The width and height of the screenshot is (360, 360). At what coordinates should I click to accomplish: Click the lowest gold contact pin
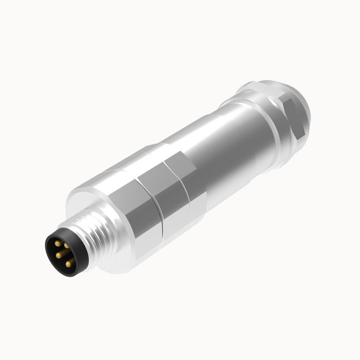coord(68,264)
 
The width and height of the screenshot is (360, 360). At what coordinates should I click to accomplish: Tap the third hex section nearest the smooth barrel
coord(183,177)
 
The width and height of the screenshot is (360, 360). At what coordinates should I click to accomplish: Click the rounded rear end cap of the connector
coord(303,103)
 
